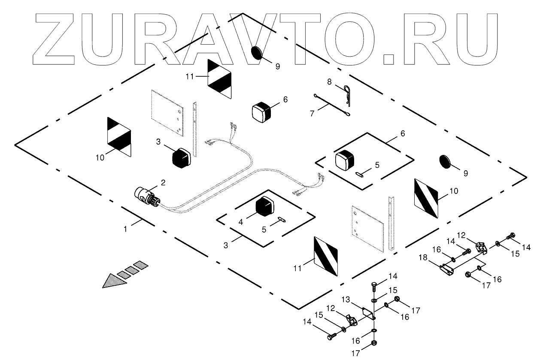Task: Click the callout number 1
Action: click(x=125, y=230)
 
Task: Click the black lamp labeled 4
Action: click(x=265, y=206)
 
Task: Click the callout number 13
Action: click(x=346, y=299)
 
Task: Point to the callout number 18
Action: click(x=424, y=257)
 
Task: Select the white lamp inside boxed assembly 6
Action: click(x=344, y=160)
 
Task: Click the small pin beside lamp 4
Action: click(x=282, y=219)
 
